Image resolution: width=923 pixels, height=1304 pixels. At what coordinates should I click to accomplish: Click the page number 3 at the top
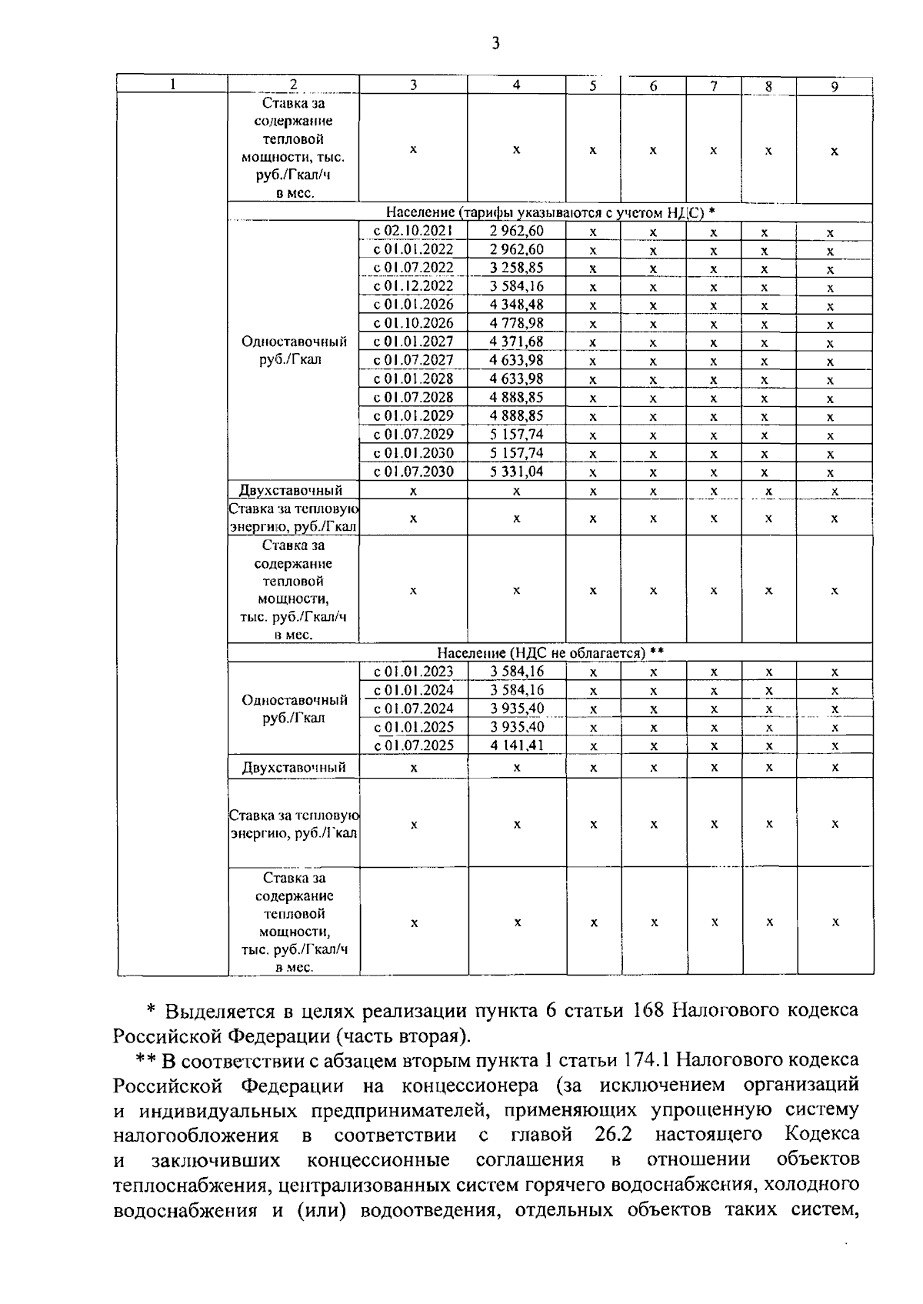(x=495, y=44)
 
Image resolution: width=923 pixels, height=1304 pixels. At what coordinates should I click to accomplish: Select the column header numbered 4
(x=516, y=85)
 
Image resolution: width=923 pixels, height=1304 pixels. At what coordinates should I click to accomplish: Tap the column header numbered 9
(x=834, y=86)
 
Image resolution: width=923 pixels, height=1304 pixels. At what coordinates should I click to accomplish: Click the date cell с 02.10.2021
(x=413, y=231)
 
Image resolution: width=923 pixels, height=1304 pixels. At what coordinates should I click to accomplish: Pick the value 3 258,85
(x=516, y=268)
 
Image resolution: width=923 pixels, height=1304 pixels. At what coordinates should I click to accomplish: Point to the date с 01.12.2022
(x=413, y=286)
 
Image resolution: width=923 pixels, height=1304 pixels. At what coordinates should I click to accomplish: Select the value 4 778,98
(x=516, y=323)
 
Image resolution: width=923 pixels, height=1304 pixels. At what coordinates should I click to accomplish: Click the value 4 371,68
(x=516, y=342)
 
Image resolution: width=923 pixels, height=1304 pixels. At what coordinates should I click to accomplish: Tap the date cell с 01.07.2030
(x=413, y=472)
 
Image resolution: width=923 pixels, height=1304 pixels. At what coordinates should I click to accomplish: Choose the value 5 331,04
(x=516, y=472)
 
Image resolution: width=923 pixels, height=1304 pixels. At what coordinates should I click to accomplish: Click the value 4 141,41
(x=516, y=745)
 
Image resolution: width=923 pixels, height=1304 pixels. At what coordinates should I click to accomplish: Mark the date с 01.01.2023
(x=413, y=672)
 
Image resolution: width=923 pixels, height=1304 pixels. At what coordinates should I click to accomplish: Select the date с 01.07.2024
(x=413, y=709)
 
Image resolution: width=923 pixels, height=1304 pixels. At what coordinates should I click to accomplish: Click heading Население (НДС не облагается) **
(x=550, y=653)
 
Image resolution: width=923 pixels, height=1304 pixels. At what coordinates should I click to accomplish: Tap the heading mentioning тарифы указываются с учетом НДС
(x=550, y=212)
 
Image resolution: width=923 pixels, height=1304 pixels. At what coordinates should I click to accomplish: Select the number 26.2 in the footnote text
(x=613, y=1135)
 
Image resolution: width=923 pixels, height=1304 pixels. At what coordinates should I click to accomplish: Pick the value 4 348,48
(x=516, y=305)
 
